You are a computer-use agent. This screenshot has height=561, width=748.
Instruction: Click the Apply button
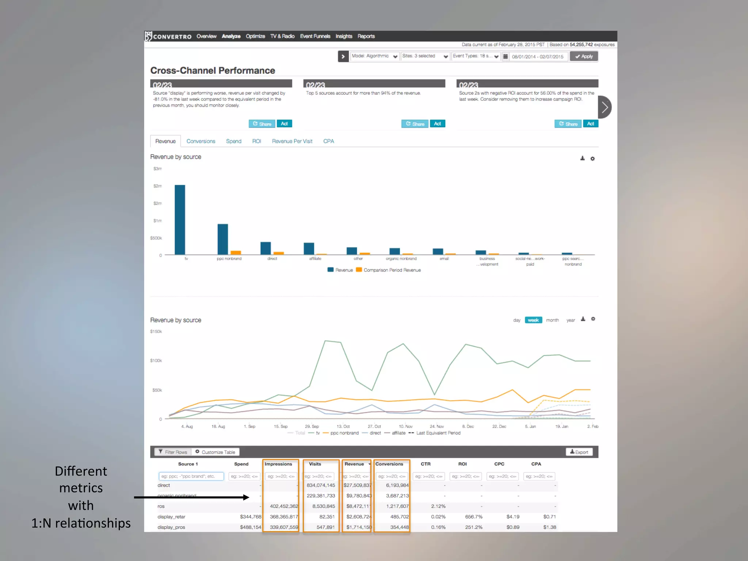click(x=584, y=56)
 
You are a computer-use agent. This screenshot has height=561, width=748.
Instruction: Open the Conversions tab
click(x=201, y=141)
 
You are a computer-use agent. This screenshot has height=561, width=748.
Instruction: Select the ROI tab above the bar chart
click(x=256, y=141)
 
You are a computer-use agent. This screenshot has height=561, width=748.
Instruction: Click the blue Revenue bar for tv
click(x=180, y=220)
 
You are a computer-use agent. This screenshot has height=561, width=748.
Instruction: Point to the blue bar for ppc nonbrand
click(x=223, y=239)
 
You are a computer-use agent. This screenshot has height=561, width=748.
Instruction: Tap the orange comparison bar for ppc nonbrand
click(x=236, y=252)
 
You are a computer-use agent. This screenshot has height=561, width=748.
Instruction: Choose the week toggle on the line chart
click(x=533, y=320)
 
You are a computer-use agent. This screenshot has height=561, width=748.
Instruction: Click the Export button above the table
click(x=579, y=452)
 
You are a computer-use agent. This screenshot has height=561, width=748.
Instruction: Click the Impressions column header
click(x=278, y=464)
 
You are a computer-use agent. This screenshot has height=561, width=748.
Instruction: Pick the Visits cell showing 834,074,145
click(x=321, y=485)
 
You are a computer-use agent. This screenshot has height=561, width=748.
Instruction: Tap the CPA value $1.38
click(x=549, y=527)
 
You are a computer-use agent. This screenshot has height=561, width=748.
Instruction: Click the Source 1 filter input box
click(x=191, y=476)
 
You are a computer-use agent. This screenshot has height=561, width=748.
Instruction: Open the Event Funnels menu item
click(x=315, y=36)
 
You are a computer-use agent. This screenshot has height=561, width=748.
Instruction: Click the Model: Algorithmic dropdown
click(x=374, y=56)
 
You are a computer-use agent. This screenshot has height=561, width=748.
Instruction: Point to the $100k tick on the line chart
click(x=156, y=360)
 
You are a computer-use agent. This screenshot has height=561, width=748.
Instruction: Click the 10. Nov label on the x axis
click(x=405, y=426)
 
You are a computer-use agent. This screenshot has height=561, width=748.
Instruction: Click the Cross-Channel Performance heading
click(x=213, y=70)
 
